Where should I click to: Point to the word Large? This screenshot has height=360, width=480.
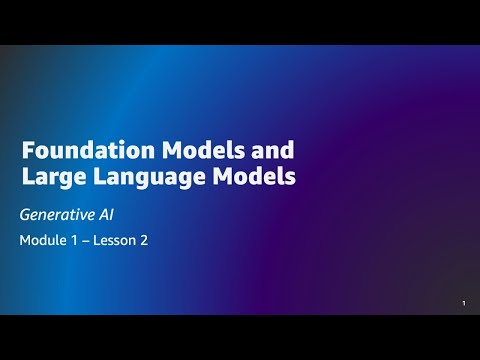(51, 177)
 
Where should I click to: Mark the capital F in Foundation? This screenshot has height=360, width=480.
(27, 151)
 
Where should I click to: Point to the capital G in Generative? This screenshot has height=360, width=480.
(25, 213)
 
